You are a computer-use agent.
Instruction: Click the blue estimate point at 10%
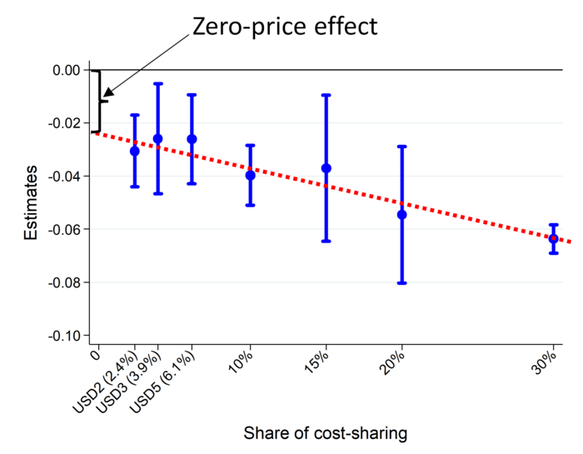[x=250, y=175]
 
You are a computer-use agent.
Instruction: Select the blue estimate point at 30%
[x=553, y=238]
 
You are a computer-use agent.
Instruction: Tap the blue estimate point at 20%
[x=401, y=214]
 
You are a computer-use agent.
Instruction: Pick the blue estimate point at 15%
[x=326, y=168]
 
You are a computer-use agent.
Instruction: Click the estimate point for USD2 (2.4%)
[x=134, y=151]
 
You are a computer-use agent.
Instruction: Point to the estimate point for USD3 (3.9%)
[x=158, y=138]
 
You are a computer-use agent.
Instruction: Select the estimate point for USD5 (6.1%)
[x=192, y=138]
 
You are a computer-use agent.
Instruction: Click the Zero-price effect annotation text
[x=285, y=26]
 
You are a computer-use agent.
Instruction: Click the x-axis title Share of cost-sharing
[x=326, y=434]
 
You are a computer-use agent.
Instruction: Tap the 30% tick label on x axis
[x=545, y=363]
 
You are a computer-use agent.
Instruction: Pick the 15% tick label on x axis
[x=317, y=363]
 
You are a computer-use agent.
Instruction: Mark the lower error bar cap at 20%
[x=401, y=283]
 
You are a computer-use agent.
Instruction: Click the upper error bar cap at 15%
[x=326, y=95]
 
